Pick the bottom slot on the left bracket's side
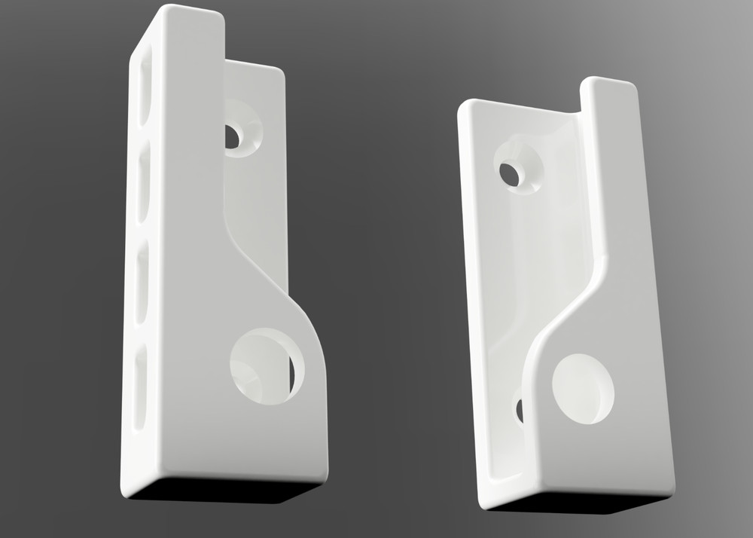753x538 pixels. (140, 385)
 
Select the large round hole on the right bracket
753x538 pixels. (583, 388)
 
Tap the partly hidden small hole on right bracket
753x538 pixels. (520, 409)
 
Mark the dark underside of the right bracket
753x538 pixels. (580, 503)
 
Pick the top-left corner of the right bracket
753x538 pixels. (463, 105)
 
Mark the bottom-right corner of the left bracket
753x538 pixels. (324, 475)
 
